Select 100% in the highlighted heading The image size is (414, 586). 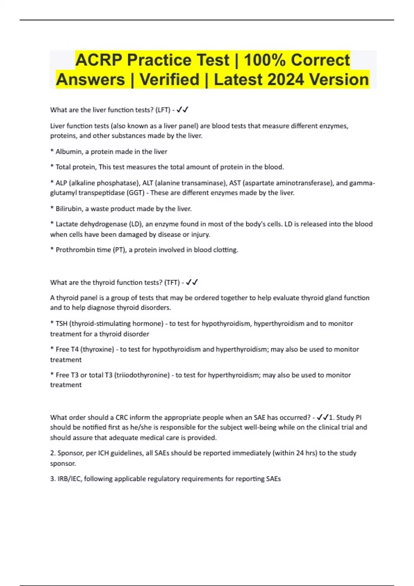click(265, 60)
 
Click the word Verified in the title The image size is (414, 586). click(169, 80)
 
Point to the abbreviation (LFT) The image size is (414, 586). click(163, 110)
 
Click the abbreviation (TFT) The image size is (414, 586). click(172, 283)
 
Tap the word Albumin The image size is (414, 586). click(68, 152)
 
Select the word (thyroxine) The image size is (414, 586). click(97, 350)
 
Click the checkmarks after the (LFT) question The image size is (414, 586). click(183, 110)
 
